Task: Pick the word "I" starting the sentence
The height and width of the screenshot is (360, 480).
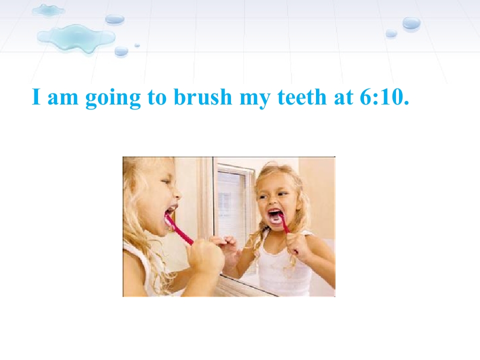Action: coord(35,97)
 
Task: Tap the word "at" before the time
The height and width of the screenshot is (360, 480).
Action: coord(342,97)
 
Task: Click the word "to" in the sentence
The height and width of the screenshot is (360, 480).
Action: coord(157,97)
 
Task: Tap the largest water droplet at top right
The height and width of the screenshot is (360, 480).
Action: coord(411,22)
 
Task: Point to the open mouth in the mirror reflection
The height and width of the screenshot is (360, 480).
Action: coord(275,216)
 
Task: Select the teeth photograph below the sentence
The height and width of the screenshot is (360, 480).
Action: coord(228,226)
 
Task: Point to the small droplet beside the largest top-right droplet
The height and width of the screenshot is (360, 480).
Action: coord(391,33)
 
